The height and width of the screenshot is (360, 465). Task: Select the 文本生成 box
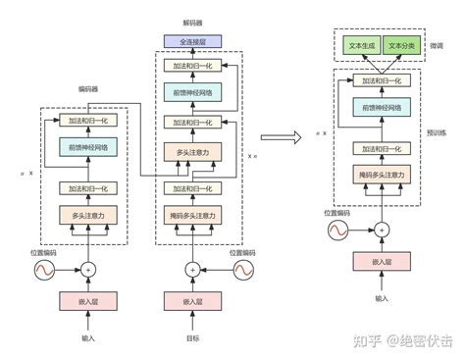[360, 46]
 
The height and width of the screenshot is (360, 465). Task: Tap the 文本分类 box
[401, 46]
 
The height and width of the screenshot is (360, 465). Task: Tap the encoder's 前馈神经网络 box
[88, 147]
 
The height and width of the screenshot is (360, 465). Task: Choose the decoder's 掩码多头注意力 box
[193, 215]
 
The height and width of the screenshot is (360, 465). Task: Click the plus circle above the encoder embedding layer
[88, 269]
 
